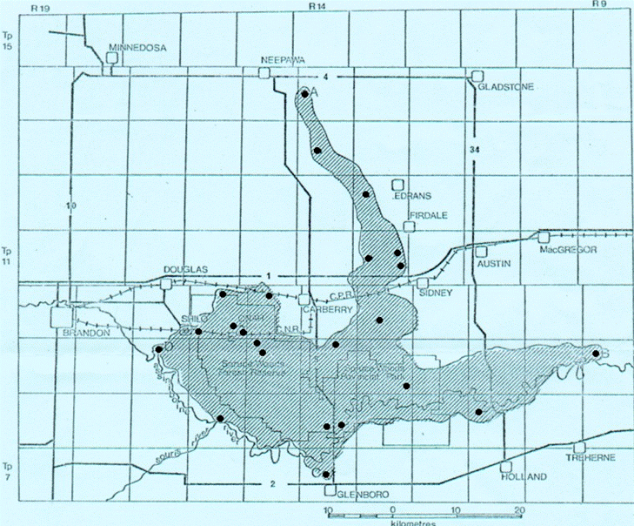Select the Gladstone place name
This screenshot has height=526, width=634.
click(498, 87)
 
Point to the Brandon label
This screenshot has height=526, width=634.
click(88, 333)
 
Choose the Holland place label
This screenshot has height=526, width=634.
click(524, 477)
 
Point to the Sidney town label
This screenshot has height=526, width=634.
click(437, 293)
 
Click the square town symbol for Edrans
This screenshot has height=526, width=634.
click(398, 185)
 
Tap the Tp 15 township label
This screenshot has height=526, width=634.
click(9, 42)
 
